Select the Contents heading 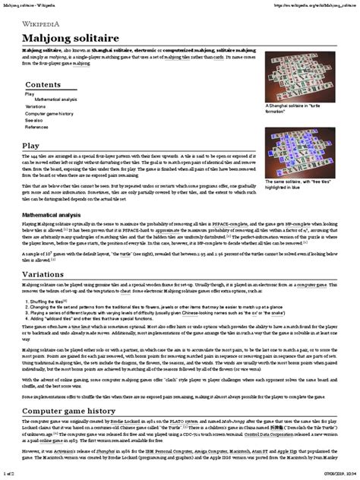[43, 84]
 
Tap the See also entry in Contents [34, 120]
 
